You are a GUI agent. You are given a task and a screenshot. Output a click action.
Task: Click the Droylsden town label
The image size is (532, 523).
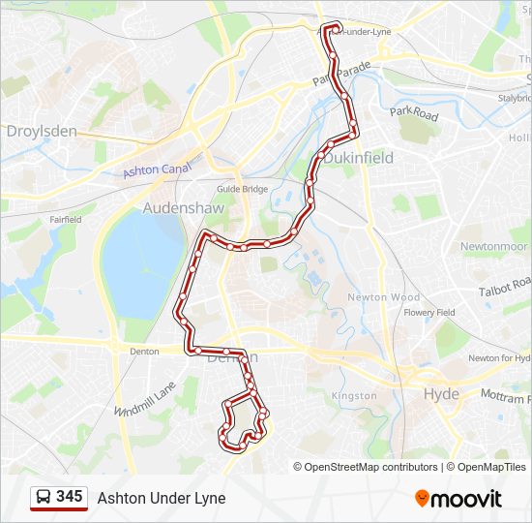click(x=42, y=131)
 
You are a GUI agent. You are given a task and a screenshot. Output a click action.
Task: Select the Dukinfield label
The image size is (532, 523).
click(x=358, y=157)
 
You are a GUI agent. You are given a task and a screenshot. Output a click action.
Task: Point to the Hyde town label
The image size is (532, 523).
click(x=442, y=394)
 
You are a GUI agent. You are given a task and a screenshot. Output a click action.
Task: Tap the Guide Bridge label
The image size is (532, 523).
click(x=241, y=189)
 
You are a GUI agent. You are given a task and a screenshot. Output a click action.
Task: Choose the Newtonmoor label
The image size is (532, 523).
click(x=492, y=246)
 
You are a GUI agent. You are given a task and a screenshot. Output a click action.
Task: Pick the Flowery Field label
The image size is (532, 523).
click(x=429, y=313)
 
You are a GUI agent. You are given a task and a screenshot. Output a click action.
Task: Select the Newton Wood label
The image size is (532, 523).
click(x=384, y=297)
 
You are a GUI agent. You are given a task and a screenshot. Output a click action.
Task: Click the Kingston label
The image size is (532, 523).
click(x=354, y=396)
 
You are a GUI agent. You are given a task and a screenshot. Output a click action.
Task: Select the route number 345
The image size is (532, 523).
click(x=69, y=497)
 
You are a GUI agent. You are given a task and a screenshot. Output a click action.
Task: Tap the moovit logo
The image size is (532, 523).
click(x=458, y=499)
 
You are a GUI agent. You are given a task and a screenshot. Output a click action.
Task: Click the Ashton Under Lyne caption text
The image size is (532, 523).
click(x=161, y=498)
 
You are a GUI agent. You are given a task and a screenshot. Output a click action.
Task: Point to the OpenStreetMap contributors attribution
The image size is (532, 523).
click(x=371, y=467)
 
